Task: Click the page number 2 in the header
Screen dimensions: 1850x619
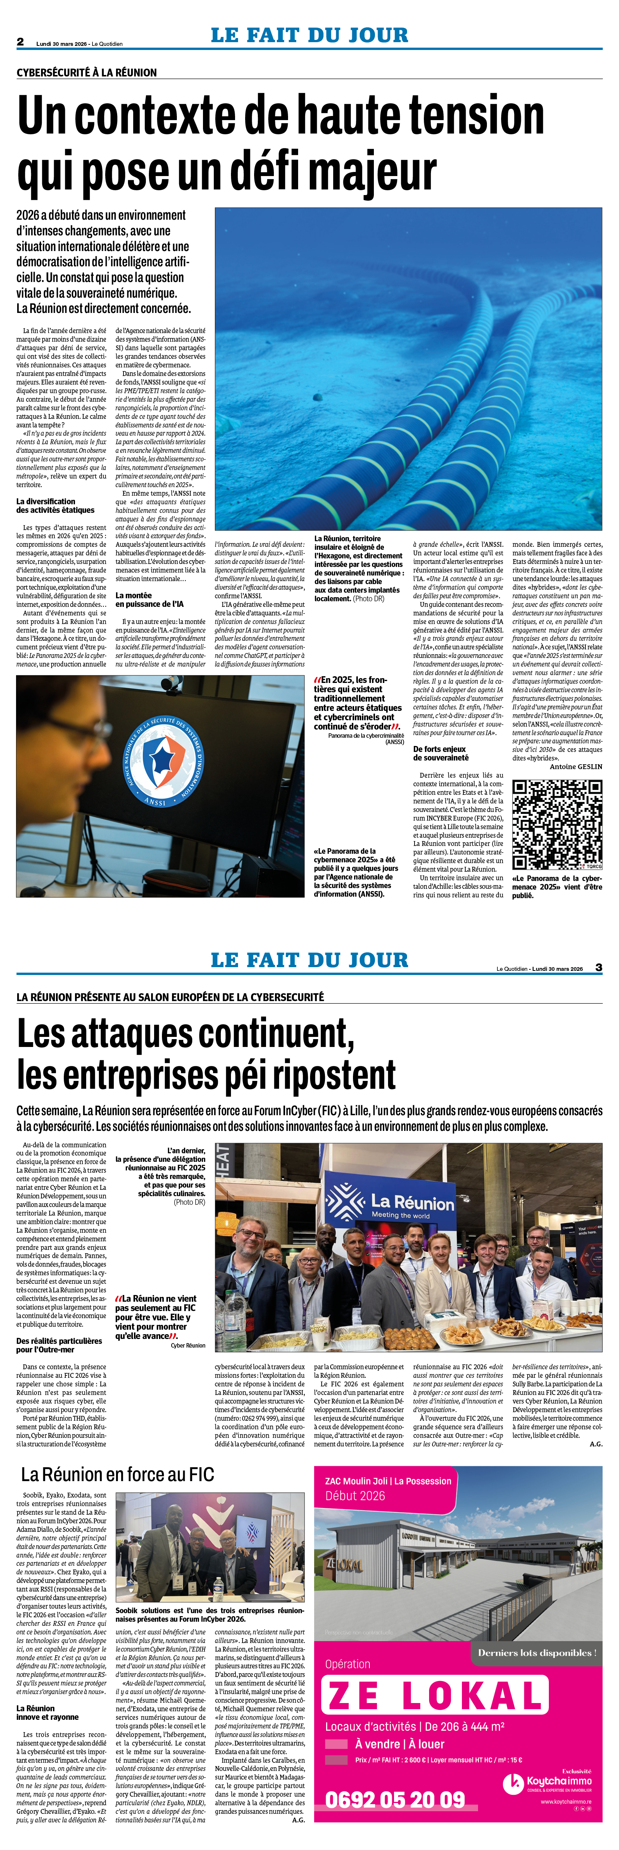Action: point(20,42)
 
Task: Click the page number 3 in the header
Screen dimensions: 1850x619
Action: point(598,968)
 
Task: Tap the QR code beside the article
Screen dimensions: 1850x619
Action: point(557,824)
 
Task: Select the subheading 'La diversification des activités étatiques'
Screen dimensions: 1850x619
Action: point(55,506)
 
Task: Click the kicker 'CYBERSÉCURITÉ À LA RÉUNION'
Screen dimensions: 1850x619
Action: point(86,72)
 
